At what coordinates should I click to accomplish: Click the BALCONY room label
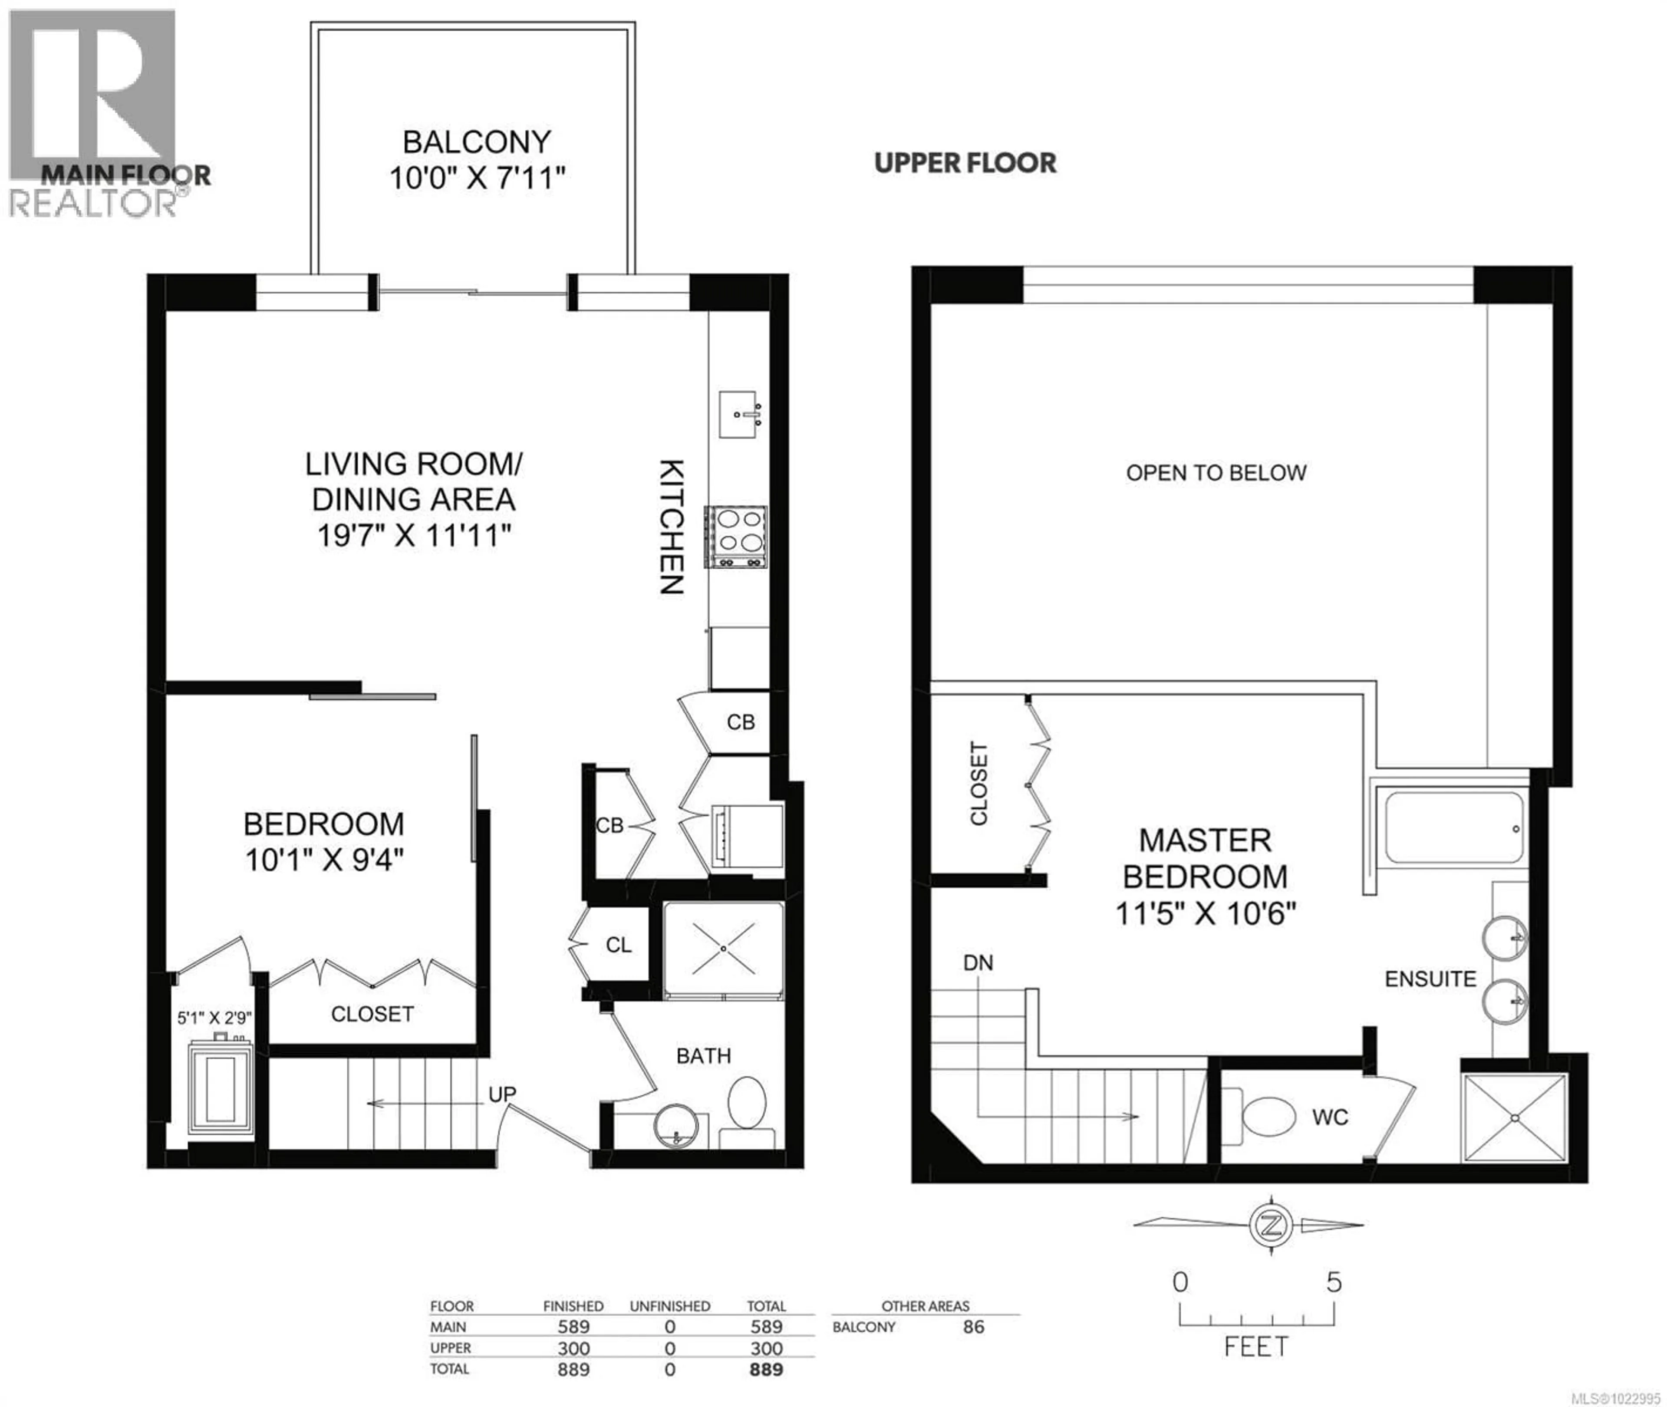[476, 142]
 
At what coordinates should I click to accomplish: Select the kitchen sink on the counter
[738, 414]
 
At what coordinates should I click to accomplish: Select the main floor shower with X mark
[723, 949]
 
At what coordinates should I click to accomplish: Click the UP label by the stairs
[502, 1094]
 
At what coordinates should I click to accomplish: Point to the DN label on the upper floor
[978, 963]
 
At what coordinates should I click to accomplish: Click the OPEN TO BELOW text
[1216, 473]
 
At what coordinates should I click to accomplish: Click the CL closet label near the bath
[618, 945]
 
